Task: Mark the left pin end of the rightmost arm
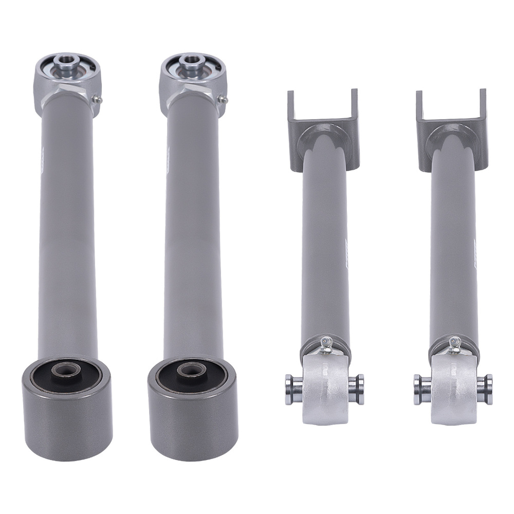[419, 383]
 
